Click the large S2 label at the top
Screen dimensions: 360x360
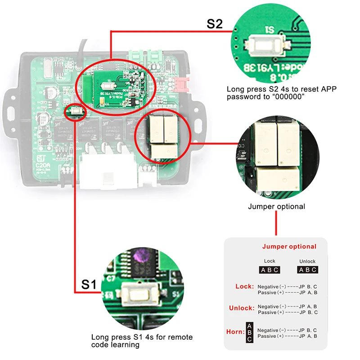pyautogui.click(x=215, y=24)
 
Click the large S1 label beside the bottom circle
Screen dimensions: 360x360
pyautogui.click(x=89, y=284)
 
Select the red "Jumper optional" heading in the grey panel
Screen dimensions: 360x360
pyautogui.click(x=289, y=246)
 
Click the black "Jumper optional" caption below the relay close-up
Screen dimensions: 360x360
pyautogui.click(x=276, y=207)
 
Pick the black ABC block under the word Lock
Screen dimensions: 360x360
pyautogui.click(x=270, y=270)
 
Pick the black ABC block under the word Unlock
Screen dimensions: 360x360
pyautogui.click(x=308, y=270)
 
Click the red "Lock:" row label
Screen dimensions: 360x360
pyautogui.click(x=245, y=286)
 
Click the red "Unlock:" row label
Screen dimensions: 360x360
pyautogui.click(x=241, y=308)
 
